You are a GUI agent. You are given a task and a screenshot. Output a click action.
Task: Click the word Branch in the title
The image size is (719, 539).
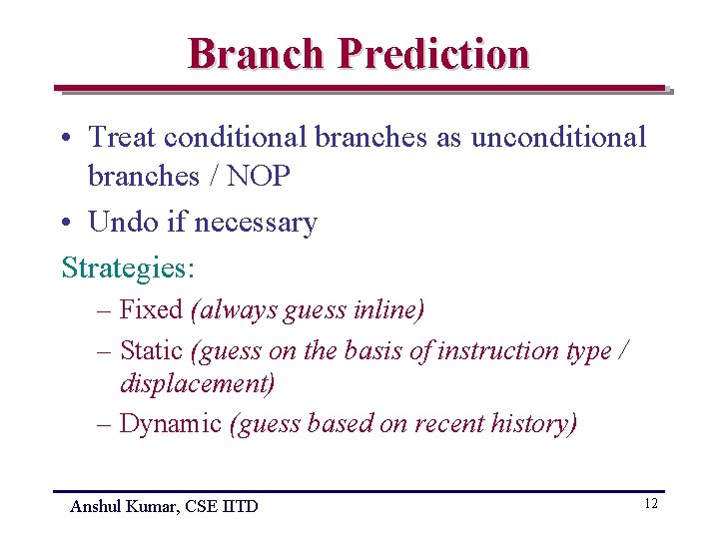pyautogui.click(x=257, y=53)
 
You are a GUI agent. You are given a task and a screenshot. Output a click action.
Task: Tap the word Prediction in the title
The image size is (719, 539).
pyautogui.click(x=433, y=53)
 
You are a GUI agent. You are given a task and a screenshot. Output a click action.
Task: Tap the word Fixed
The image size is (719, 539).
pyautogui.click(x=151, y=310)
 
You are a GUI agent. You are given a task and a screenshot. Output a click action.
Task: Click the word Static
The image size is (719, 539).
pyautogui.click(x=151, y=350)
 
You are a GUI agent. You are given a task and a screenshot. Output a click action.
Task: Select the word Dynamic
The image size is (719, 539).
pyautogui.click(x=170, y=423)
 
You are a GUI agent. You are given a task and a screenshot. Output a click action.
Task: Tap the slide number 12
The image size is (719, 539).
pyautogui.click(x=650, y=504)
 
